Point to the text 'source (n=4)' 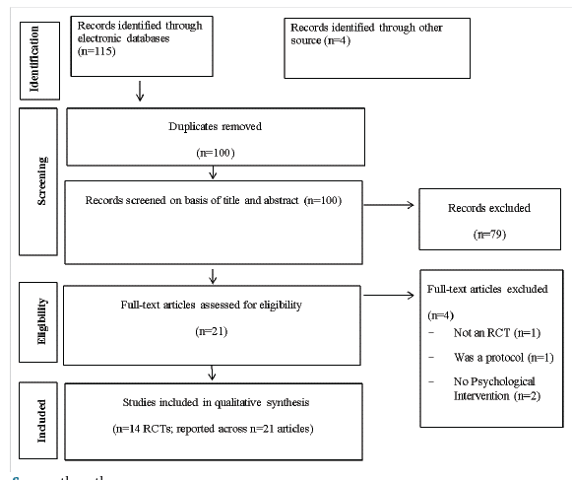(x=323, y=39)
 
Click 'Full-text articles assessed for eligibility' (x=211, y=306)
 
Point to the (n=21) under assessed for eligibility (x=211, y=333)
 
